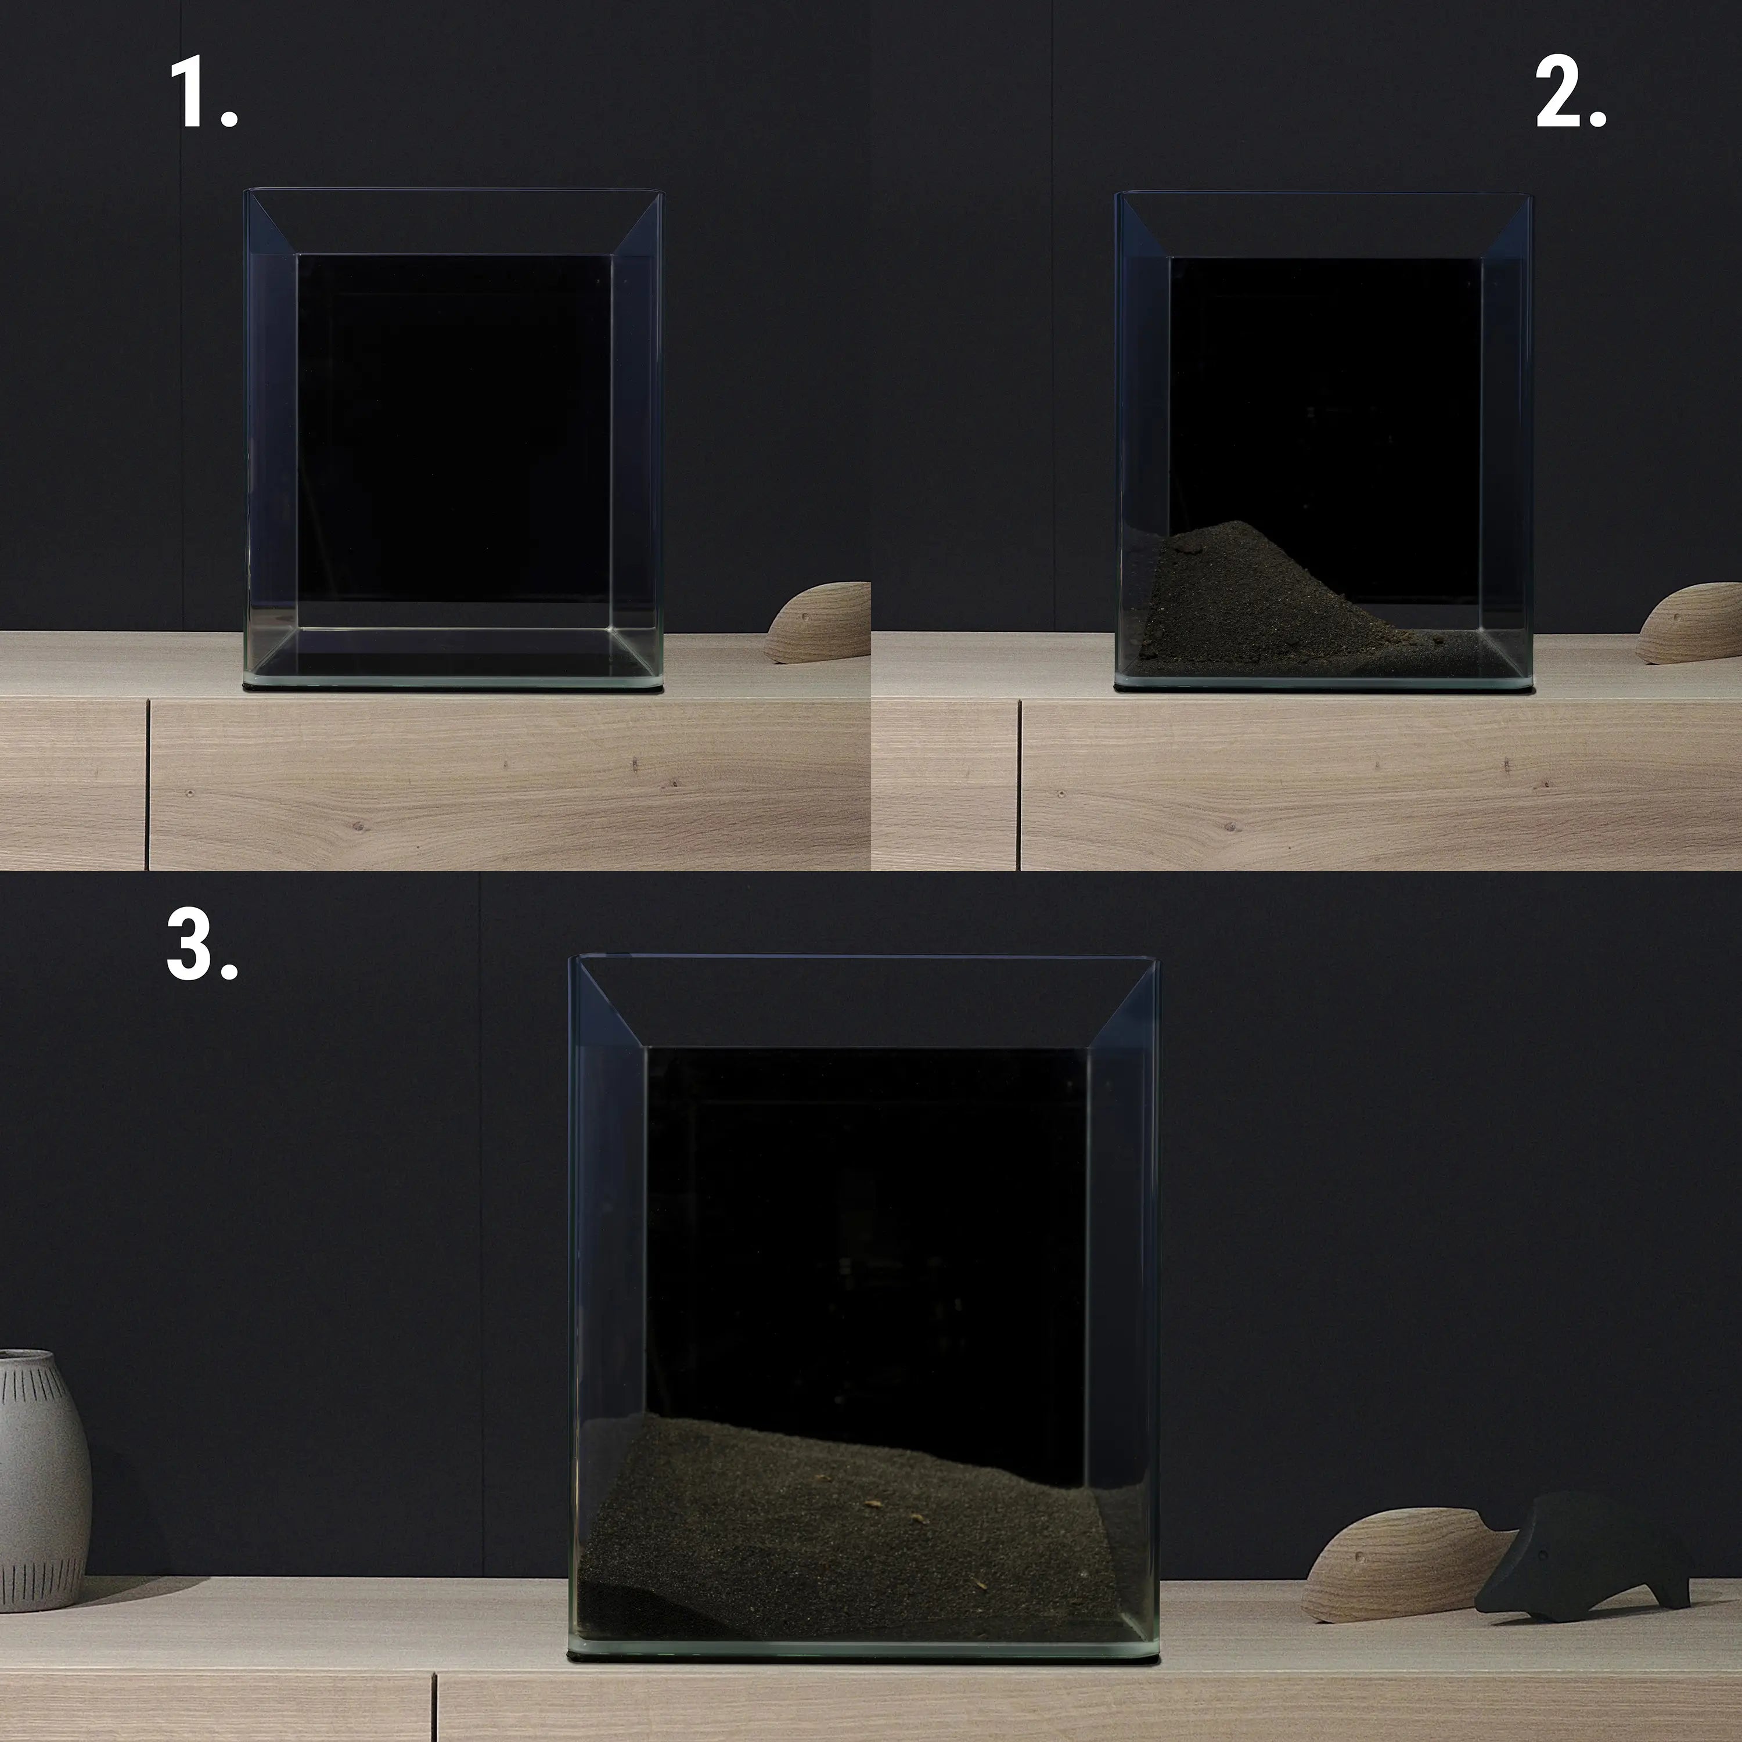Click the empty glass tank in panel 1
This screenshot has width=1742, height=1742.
point(454,439)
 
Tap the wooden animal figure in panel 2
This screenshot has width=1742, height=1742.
point(1688,624)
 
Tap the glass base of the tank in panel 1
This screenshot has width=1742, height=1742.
point(454,682)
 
